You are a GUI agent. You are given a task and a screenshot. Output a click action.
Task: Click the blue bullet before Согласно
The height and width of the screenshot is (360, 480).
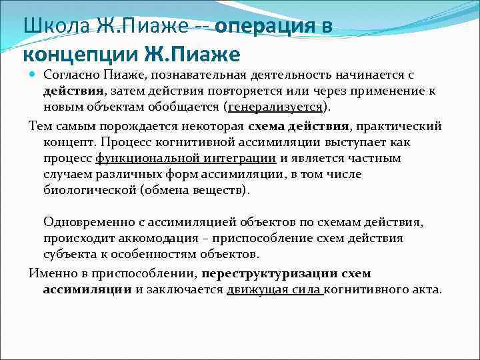(33, 75)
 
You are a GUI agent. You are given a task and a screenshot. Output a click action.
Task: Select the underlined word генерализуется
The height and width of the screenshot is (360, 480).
(275, 107)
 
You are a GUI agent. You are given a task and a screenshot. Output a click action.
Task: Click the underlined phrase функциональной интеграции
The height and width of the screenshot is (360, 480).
(186, 158)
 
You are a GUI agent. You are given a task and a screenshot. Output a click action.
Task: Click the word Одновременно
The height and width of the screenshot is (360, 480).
(87, 222)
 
